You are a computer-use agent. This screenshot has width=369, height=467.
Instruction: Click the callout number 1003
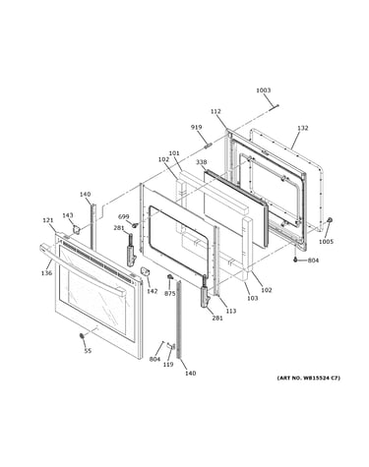click(263, 90)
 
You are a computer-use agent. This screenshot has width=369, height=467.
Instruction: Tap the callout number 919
click(197, 127)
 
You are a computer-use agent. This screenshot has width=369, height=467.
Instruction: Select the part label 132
click(303, 128)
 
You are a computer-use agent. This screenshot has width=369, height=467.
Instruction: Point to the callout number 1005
click(326, 242)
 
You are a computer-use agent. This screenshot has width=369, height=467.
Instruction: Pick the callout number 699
click(124, 216)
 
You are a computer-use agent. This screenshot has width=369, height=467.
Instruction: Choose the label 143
click(68, 215)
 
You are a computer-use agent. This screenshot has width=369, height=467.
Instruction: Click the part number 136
click(46, 272)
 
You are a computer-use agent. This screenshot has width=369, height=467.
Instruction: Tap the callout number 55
click(88, 351)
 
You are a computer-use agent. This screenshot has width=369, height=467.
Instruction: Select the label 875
click(170, 294)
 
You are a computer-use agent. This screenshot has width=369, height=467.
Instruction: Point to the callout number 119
click(168, 364)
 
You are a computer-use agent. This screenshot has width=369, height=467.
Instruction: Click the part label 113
click(231, 311)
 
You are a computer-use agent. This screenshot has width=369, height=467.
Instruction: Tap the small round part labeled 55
click(82, 336)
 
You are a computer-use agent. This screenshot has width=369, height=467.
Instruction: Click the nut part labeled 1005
click(330, 220)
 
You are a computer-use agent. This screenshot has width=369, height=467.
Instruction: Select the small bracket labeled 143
click(77, 229)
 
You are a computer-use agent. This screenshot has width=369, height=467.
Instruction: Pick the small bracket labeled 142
click(145, 271)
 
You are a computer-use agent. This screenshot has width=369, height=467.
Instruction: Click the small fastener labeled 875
click(170, 277)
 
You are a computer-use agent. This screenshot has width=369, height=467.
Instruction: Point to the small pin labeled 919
click(208, 145)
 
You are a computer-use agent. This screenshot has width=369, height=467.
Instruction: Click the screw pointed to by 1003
click(276, 106)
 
